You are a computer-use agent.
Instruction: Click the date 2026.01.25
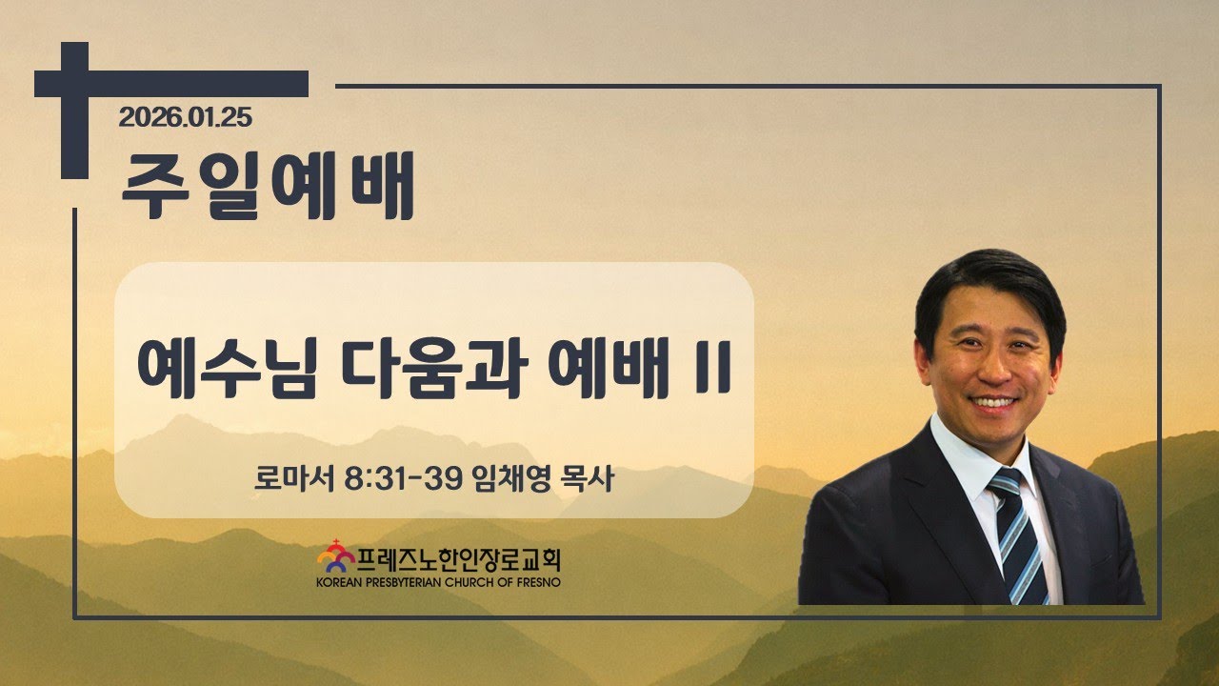pyautogui.click(x=185, y=117)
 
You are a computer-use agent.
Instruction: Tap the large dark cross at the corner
pyautogui.click(x=74, y=85)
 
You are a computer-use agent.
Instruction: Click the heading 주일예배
pyautogui.click(x=269, y=186)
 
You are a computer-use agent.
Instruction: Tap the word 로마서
pyautogui.click(x=294, y=478)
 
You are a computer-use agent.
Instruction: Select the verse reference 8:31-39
pyautogui.click(x=403, y=479)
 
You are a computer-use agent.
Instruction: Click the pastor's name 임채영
pyautogui.click(x=512, y=478)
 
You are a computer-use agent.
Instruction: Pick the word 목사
pyautogui.click(x=588, y=478)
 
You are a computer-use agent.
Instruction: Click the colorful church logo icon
pyautogui.click(x=336, y=555)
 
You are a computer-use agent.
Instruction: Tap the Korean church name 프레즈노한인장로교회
pyautogui.click(x=459, y=559)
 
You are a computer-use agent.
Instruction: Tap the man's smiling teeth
pyautogui.click(x=992, y=403)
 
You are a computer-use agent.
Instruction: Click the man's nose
pyautogui.click(x=993, y=371)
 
